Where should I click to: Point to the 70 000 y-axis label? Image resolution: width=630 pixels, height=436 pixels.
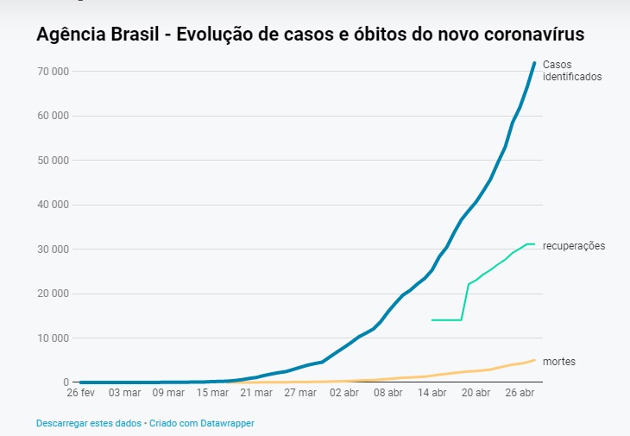(x=54, y=71)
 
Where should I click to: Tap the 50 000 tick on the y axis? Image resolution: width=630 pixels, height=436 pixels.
(x=54, y=160)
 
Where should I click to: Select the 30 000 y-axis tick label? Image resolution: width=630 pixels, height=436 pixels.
(x=54, y=249)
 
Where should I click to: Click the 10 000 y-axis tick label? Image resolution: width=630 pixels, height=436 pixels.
(x=54, y=338)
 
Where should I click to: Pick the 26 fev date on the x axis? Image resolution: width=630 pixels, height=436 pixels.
(x=80, y=394)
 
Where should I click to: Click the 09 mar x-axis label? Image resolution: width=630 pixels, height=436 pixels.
(x=168, y=394)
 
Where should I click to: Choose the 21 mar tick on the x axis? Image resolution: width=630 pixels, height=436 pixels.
(x=256, y=394)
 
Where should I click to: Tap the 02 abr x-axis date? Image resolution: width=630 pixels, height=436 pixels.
(x=344, y=394)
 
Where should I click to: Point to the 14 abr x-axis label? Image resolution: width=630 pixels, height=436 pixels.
(x=432, y=394)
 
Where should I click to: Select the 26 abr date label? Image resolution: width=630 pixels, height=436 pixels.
(x=520, y=394)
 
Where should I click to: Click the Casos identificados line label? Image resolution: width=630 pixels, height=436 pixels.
(x=572, y=70)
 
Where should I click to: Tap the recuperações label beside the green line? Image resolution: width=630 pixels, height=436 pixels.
(x=574, y=246)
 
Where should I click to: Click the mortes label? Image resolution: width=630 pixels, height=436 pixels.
(x=559, y=362)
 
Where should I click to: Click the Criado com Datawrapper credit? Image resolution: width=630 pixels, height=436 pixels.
(x=203, y=423)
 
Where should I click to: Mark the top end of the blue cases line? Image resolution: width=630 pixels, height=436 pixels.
(x=535, y=62)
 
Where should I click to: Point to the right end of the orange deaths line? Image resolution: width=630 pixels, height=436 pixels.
(x=534, y=360)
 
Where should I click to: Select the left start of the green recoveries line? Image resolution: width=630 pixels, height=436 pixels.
(x=432, y=320)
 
